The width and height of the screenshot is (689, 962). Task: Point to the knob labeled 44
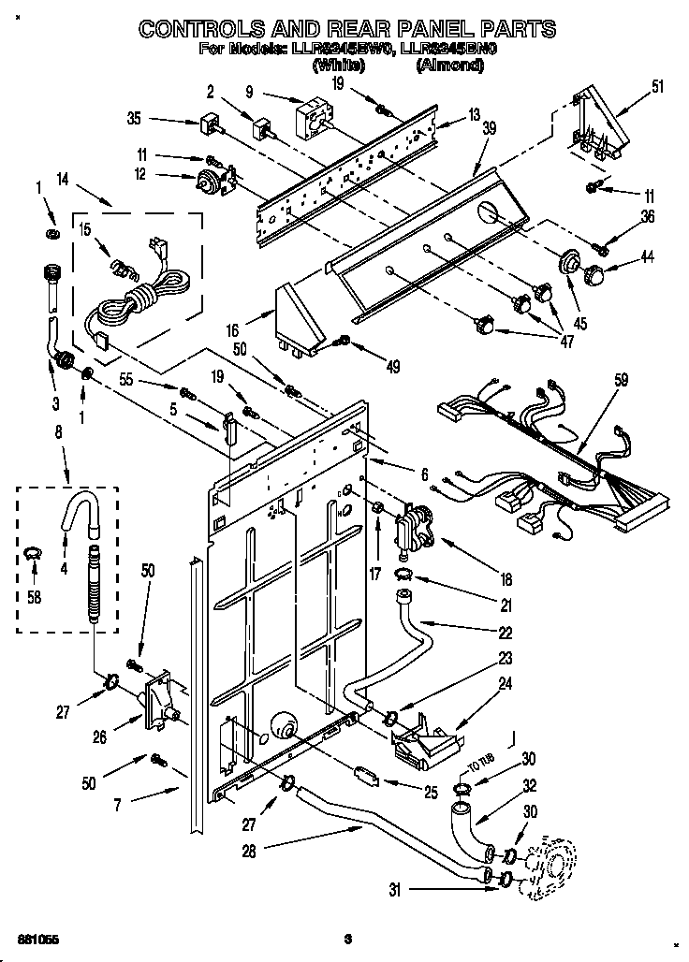[x=594, y=275]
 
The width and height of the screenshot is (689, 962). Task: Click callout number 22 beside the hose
[x=505, y=632]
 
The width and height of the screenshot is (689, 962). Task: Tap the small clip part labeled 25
[x=366, y=774]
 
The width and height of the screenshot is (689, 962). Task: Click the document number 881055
[x=34, y=937]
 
